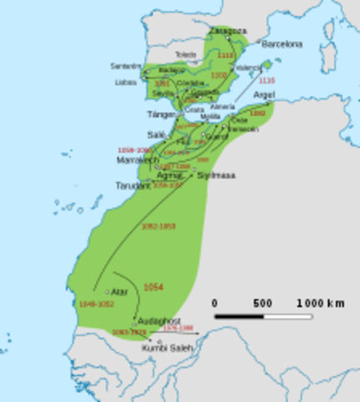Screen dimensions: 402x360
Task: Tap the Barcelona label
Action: click(280, 43)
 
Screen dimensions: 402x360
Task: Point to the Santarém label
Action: click(126, 65)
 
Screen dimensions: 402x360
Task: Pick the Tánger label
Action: click(160, 114)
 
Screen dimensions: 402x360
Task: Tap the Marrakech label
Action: click(136, 159)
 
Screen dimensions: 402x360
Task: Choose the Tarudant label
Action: click(132, 185)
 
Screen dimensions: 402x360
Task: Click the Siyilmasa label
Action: click(216, 175)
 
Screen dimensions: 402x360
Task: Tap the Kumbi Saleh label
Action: click(167, 348)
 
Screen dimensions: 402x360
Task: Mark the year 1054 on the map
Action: click(154, 287)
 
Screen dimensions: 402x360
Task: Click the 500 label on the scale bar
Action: click(263, 302)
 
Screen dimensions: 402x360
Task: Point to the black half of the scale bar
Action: click(239, 317)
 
